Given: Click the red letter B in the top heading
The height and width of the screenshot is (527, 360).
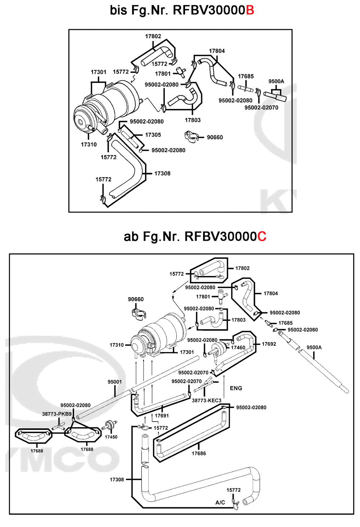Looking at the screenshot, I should coord(250,10).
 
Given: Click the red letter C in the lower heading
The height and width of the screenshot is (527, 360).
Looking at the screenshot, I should coord(262,237).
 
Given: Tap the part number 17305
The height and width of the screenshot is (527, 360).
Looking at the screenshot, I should coord(153,135).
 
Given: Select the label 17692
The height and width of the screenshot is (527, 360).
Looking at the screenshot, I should coord(269,344).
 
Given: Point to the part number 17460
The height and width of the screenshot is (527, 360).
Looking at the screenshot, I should coord(238,347).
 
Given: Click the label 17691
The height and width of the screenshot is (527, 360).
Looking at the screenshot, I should coord(162,415).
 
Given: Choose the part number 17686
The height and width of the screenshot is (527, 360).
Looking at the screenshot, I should coord(199,454).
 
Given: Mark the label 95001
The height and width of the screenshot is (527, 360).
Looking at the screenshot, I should coord(114,382).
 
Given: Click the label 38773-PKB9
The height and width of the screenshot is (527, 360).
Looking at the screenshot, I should coord(57,414).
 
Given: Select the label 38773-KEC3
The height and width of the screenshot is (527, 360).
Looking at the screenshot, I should coord(206,400).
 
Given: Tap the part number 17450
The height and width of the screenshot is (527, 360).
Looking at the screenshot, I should coord(111,437).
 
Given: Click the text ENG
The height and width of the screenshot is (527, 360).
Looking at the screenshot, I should coord(236,388).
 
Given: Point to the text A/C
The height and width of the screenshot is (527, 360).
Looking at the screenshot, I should coord(220,503).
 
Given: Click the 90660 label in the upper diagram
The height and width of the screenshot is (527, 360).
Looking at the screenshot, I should coord(215,137).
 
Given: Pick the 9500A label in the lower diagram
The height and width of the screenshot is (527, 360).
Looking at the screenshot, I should coord(314,347).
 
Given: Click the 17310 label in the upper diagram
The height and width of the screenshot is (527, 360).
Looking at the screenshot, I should coord(89,145).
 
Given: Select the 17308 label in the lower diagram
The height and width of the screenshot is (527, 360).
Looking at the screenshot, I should coord(117,480).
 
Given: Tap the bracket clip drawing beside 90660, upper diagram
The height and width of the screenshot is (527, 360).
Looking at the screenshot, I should coord(192,137).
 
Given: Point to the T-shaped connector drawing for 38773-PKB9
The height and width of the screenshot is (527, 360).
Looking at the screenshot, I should coord(57,427).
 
